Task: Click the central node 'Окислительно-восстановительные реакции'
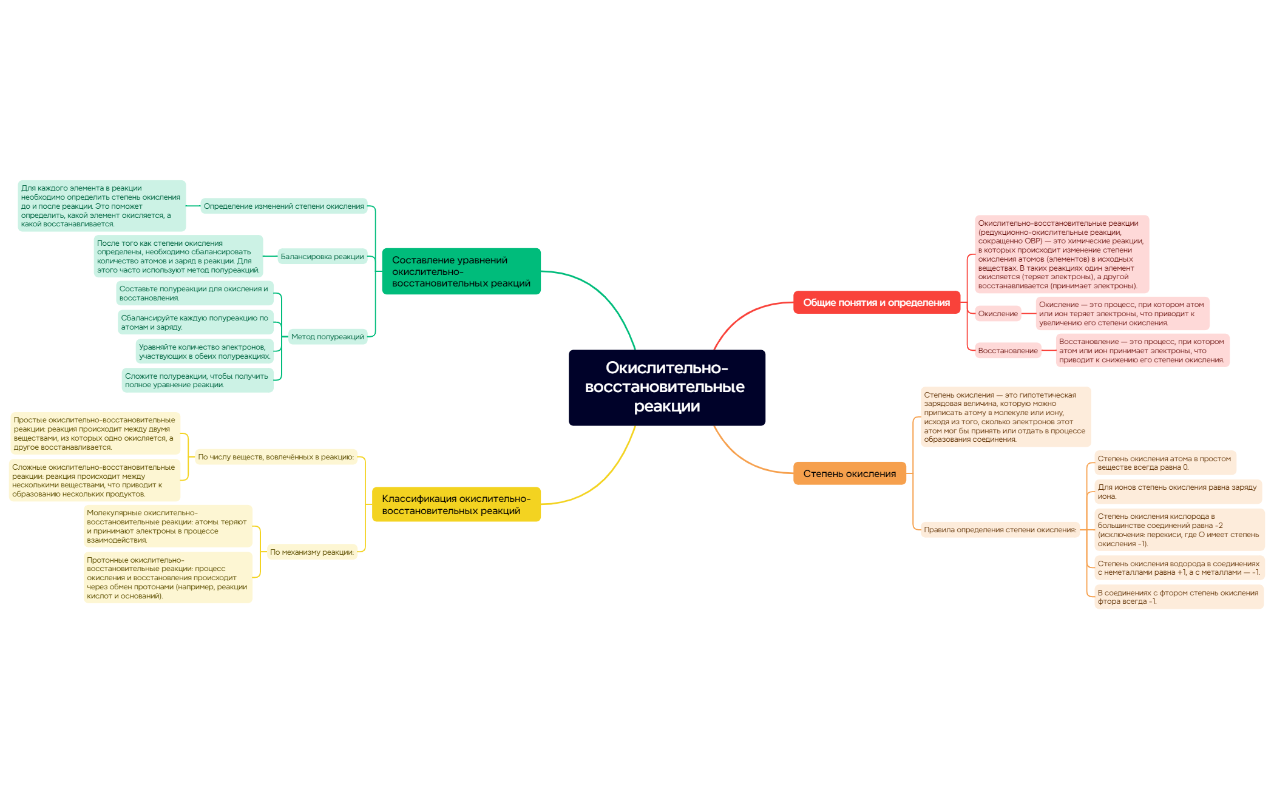point(666,387)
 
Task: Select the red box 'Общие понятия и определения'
point(876,302)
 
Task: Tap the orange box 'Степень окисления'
point(849,473)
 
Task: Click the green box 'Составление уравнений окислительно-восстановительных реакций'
point(461,271)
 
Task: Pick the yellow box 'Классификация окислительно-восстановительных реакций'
point(456,504)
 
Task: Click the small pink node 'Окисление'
point(998,314)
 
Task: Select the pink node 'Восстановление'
point(1008,351)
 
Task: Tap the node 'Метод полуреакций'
point(328,337)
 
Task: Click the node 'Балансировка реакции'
point(322,257)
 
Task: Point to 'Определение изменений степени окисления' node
point(284,206)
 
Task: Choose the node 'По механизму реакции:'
point(312,552)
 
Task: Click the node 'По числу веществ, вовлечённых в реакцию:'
point(276,457)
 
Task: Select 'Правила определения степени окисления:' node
point(1000,530)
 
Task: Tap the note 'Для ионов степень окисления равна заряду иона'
point(1178,492)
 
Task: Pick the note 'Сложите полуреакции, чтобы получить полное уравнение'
point(197,381)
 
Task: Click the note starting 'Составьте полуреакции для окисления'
point(194,293)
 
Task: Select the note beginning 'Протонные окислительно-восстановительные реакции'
point(168,578)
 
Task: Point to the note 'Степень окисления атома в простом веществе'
point(1165,463)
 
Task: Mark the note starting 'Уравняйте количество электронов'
point(205,351)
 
